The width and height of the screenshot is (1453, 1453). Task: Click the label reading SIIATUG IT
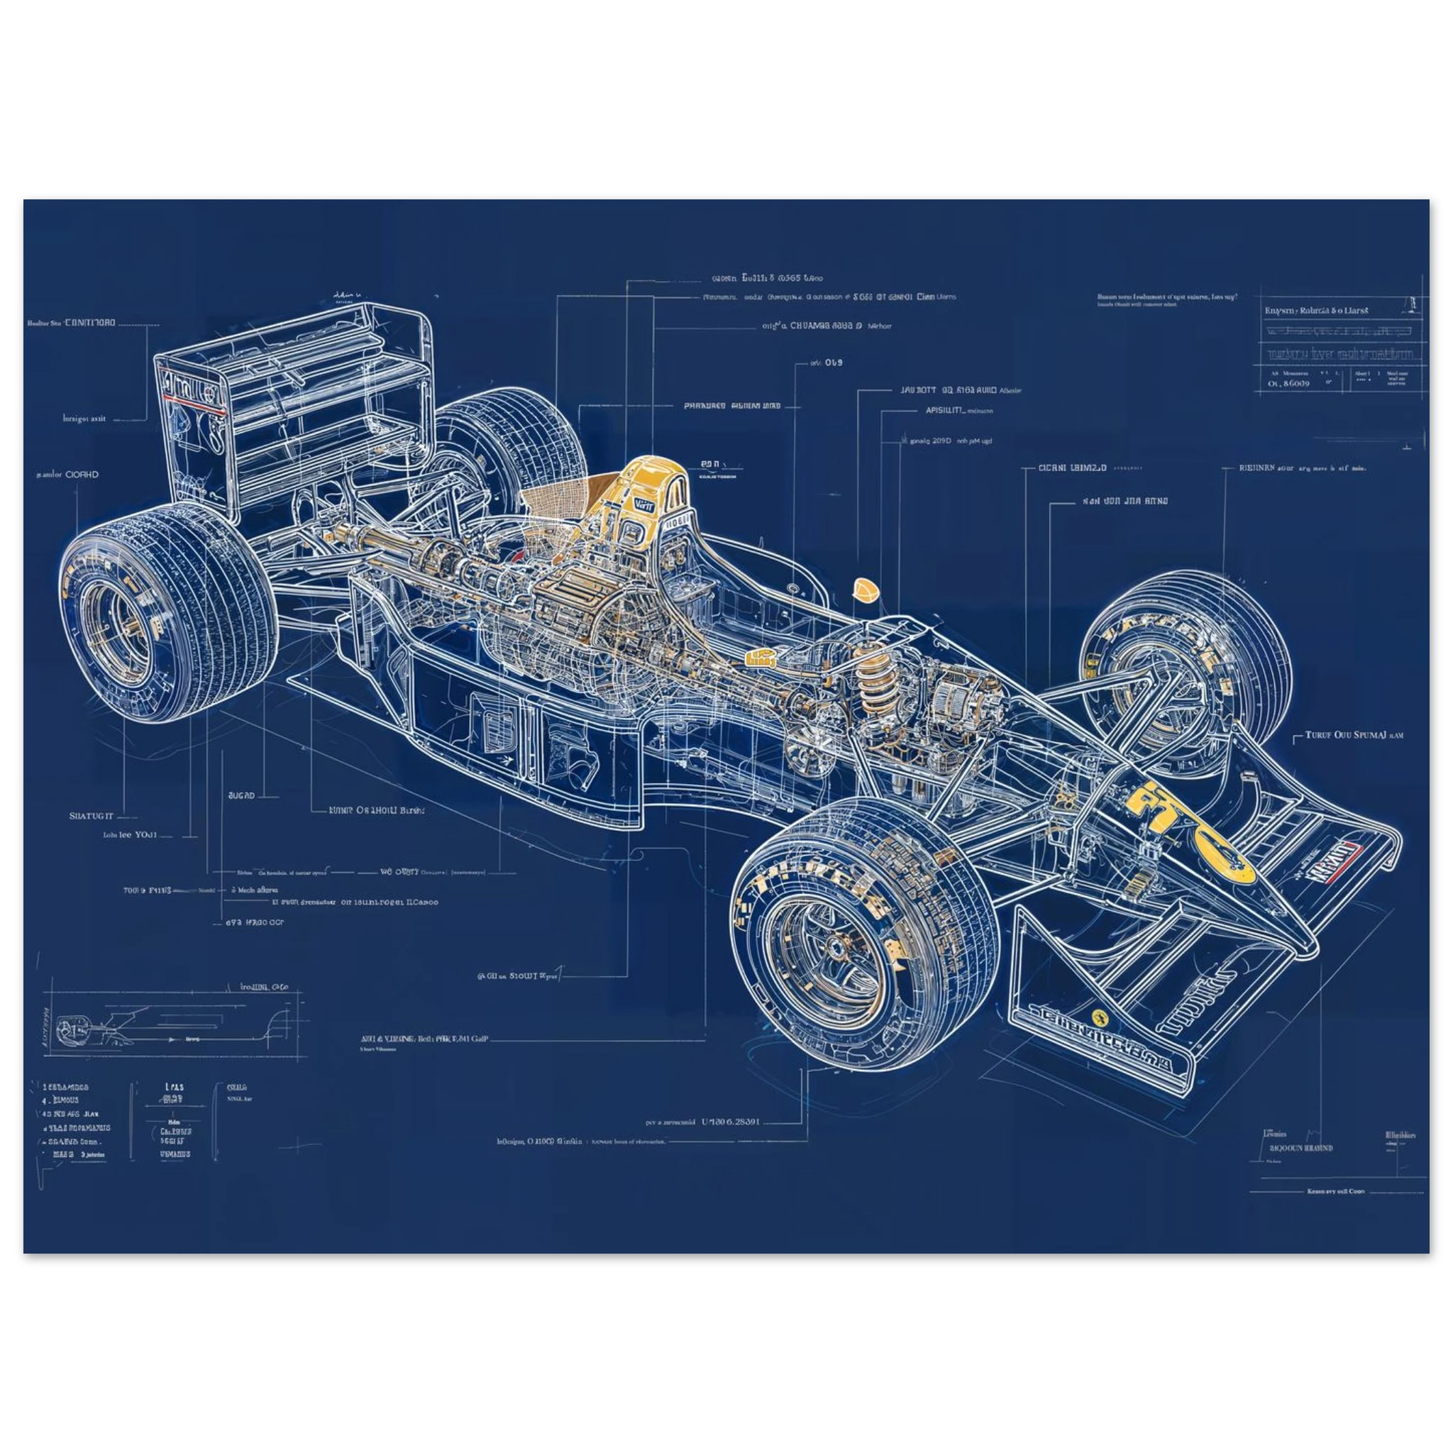coord(91,815)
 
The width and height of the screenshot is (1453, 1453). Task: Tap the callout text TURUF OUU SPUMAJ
coord(1354,735)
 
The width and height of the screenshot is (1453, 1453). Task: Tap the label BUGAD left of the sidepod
coord(241,795)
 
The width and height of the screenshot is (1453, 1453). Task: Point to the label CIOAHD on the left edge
coord(67,475)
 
